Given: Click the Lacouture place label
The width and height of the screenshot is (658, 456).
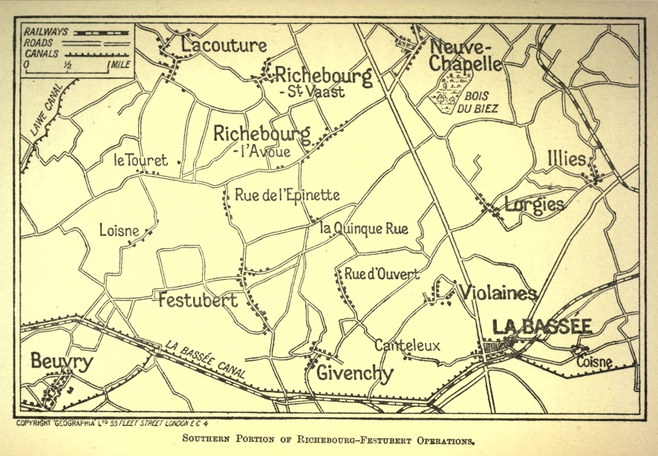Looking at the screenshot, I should (x=224, y=46).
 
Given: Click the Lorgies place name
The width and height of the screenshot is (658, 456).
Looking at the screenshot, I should (x=534, y=204).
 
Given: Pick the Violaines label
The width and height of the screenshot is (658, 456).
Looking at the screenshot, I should (x=498, y=293).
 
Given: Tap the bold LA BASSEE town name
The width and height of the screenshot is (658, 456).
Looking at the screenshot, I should (x=542, y=327).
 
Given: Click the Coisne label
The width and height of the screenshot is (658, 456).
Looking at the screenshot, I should (x=594, y=362).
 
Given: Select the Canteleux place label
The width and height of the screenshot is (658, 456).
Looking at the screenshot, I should (x=407, y=345).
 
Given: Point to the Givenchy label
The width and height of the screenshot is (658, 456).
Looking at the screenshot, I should (x=354, y=374).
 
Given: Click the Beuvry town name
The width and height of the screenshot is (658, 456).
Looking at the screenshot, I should (x=62, y=362).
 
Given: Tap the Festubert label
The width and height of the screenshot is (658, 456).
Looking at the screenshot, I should (x=198, y=301).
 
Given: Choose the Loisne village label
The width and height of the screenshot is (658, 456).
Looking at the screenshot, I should (x=119, y=231).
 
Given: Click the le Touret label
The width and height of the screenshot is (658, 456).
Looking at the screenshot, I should (x=140, y=160).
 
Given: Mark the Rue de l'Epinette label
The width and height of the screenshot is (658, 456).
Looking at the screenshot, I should (x=287, y=195).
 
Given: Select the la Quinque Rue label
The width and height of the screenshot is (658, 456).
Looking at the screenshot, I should (x=364, y=229).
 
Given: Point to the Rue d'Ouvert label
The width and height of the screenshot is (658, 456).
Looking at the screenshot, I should (x=382, y=274).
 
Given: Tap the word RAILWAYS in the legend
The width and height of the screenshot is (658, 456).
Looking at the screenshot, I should (x=46, y=32).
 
